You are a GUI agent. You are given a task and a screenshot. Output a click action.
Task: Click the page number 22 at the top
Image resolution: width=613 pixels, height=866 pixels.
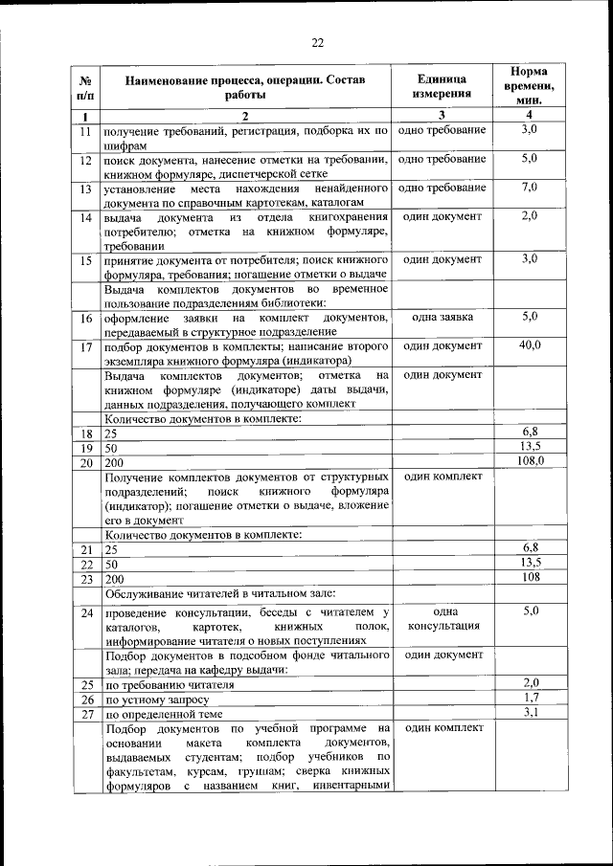[x=317, y=42]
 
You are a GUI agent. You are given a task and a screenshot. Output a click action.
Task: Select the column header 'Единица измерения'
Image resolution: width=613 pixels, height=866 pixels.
[x=442, y=86]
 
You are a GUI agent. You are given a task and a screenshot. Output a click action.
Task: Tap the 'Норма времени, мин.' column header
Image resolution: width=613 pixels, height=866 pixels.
[x=529, y=86]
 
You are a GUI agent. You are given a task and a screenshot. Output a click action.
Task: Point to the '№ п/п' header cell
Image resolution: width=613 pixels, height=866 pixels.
[x=85, y=86]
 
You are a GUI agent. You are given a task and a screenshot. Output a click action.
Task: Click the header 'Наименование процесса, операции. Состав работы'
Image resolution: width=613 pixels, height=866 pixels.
[x=245, y=86]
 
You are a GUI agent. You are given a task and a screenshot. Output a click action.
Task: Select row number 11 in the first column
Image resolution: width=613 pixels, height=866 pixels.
[x=85, y=131]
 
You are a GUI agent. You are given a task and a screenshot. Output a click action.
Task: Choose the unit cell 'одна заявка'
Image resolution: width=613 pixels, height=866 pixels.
[x=442, y=317]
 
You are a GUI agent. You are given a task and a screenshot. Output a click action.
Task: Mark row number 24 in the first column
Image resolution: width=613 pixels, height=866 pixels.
[x=85, y=612]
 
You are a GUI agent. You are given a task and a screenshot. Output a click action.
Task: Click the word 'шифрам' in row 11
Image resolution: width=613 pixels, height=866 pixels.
[x=125, y=145]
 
